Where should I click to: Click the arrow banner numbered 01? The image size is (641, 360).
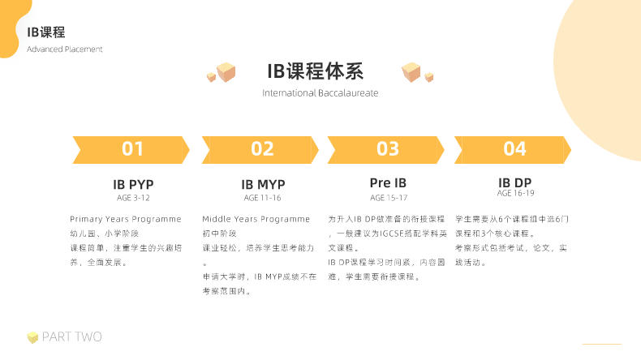[x=131, y=150]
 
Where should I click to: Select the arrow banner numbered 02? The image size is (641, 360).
[x=260, y=150]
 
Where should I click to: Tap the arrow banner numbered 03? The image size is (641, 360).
[x=386, y=150]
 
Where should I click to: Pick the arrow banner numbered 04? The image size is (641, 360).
[x=513, y=150]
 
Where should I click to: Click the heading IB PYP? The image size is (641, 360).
[x=133, y=185]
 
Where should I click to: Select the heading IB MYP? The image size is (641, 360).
[x=263, y=185]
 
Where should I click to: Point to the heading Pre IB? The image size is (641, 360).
[x=388, y=183]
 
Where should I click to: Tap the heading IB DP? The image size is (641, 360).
[x=514, y=182]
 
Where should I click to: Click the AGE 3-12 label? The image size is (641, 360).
[x=133, y=198]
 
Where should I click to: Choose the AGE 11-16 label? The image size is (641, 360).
[x=262, y=198]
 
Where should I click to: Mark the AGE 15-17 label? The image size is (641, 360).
[x=389, y=198]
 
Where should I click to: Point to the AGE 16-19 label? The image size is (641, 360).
[x=515, y=193]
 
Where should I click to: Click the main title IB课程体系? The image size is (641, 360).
[x=315, y=71]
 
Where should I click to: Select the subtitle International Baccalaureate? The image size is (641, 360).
[x=320, y=93]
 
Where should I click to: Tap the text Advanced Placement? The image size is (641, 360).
[x=65, y=49]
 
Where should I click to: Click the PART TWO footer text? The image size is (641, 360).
[x=72, y=336]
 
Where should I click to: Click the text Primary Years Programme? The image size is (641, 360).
[x=126, y=220]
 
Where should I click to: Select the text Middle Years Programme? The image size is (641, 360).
[x=256, y=220]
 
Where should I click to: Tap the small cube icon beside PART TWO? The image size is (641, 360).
[x=32, y=337]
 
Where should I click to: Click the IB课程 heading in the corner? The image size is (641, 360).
[x=45, y=32]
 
